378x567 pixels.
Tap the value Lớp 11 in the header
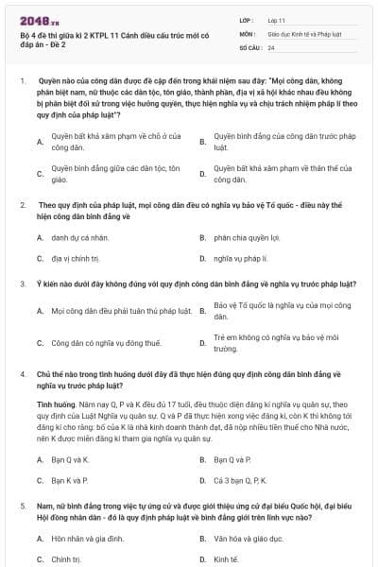tap(276, 18)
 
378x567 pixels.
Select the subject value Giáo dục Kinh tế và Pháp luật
tap(301, 32)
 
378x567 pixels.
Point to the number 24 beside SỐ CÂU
tap(271, 46)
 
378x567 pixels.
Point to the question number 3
tap(22, 283)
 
